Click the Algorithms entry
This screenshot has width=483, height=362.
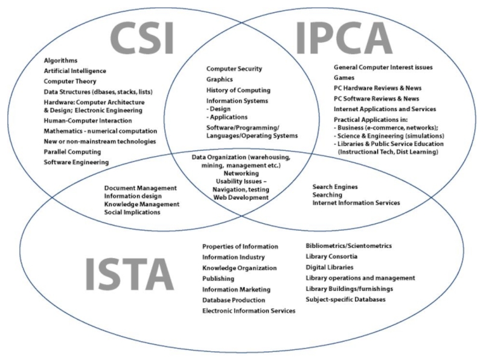[61, 60]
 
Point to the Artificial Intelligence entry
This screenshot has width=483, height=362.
[75, 71]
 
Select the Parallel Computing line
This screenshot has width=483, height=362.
[72, 152]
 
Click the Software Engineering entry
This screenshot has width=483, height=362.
[76, 162]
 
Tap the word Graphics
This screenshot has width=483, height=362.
[220, 80]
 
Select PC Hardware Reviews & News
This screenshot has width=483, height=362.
[377, 88]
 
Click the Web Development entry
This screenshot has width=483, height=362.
[240, 197]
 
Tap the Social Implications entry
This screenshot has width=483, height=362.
[132, 212]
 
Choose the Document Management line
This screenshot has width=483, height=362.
[140, 188]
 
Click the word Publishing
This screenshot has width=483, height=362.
[219, 279]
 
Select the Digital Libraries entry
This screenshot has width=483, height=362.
[330, 267]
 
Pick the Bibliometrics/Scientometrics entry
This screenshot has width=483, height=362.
[349, 246]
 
